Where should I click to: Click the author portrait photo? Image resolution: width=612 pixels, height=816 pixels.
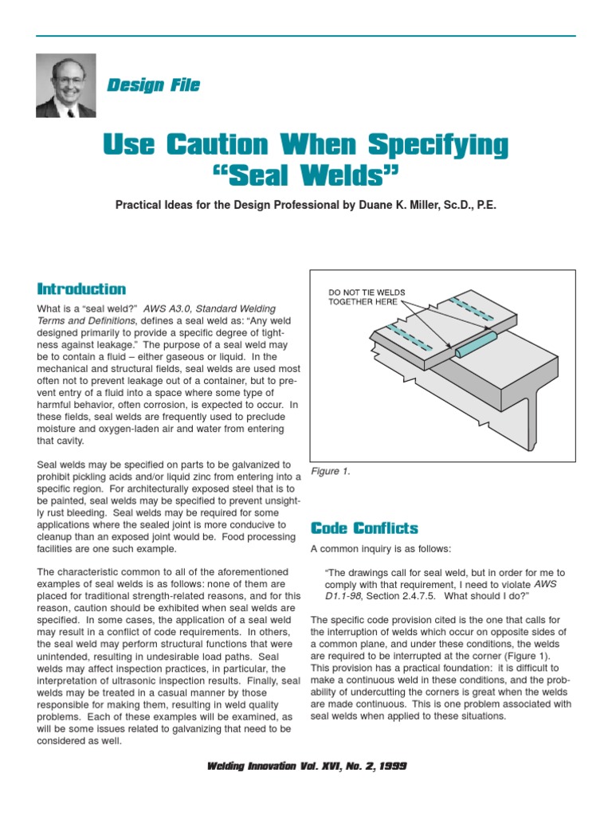coord(66,85)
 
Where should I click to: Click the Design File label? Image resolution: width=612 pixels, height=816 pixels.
coord(153,85)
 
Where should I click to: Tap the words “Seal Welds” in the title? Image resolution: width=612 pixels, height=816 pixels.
coord(305,173)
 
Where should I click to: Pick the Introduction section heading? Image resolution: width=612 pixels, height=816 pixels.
coord(81,288)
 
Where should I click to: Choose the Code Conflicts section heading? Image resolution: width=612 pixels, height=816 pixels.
coord(363,528)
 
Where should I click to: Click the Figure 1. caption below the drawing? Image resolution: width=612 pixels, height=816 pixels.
coord(330,472)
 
